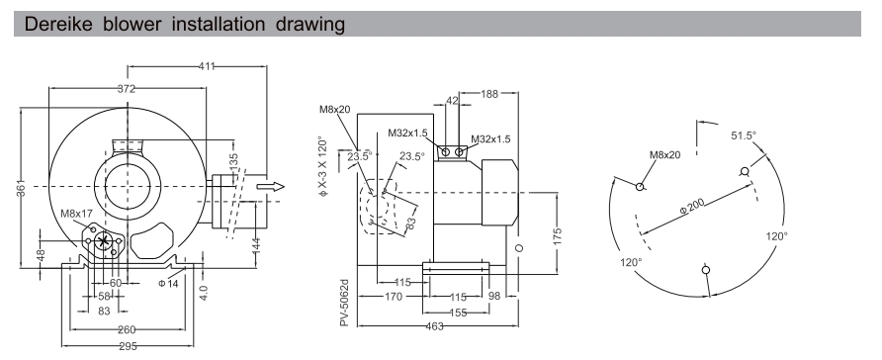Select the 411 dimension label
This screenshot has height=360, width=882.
coord(207,65)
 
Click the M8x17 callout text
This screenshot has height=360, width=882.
coord(76,213)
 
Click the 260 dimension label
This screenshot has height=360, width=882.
coord(126,328)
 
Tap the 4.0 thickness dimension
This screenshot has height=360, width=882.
coord(204,294)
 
